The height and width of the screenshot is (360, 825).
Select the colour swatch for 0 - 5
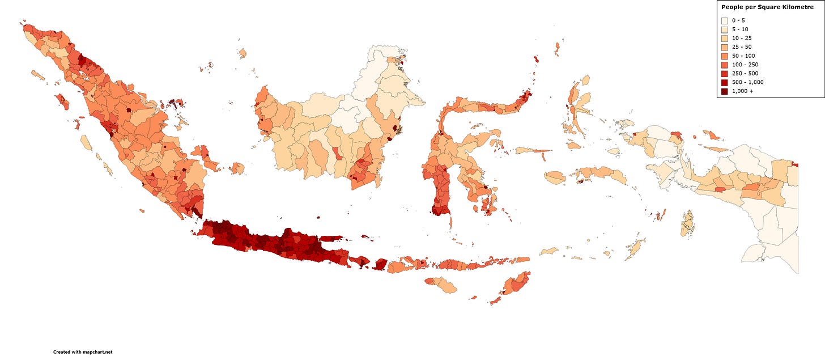tap(725, 20)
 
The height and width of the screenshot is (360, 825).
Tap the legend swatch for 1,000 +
tap(725, 91)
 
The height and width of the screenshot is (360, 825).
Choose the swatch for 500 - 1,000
tap(725, 82)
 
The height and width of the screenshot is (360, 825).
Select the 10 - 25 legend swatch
tap(725, 38)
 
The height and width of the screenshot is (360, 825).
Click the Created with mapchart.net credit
tap(83, 352)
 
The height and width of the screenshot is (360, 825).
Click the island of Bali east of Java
tap(360, 261)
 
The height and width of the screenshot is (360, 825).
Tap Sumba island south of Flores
tap(441, 285)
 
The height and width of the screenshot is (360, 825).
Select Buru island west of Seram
tap(555, 177)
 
